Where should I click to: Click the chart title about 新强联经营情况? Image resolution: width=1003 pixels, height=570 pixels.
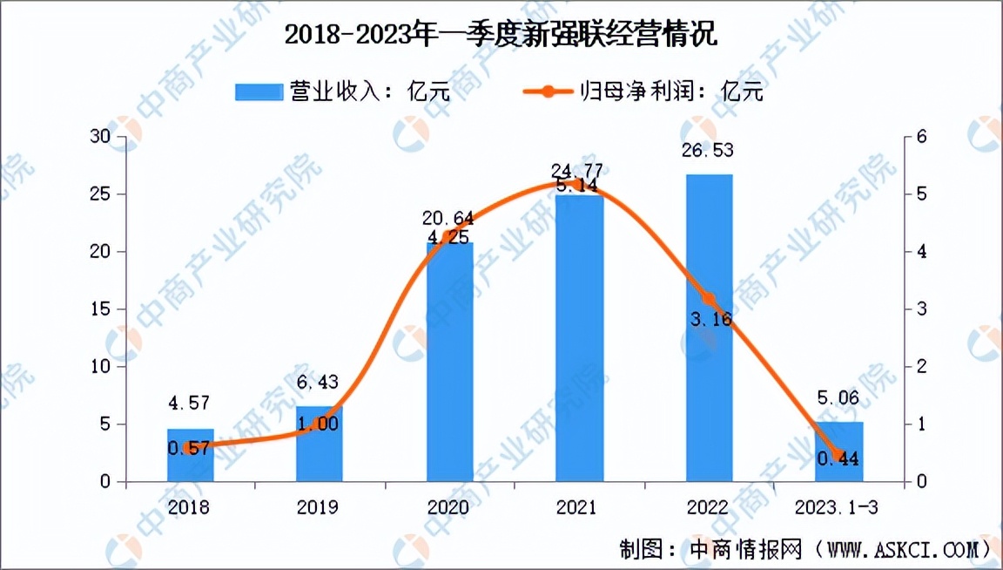tap(501, 36)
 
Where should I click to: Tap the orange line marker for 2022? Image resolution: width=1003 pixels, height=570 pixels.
tap(709, 299)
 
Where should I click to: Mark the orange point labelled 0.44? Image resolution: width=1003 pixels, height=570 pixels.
tap(838, 456)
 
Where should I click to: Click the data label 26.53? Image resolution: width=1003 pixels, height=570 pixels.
tap(709, 151)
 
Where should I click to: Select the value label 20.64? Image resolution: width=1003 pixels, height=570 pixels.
tap(449, 219)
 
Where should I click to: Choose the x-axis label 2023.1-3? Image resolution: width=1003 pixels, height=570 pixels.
tap(838, 507)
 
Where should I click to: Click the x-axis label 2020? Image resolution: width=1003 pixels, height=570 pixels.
tap(449, 507)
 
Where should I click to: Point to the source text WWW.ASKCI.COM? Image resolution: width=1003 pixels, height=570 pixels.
tap(900, 550)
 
